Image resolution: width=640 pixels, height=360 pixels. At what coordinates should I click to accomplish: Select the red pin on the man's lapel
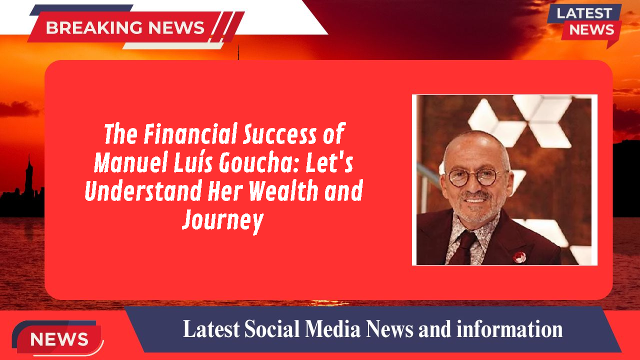tap(519, 257)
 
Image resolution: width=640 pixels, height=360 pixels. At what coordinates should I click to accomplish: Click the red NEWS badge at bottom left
tap(59, 339)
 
